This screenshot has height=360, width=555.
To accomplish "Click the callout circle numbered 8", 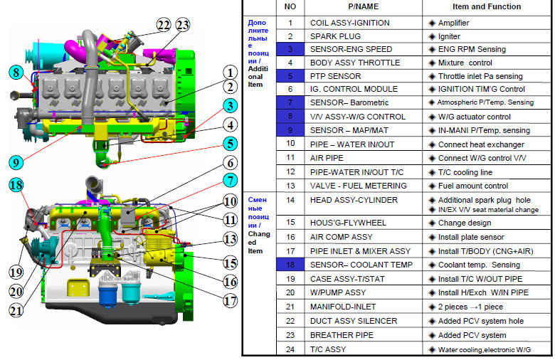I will pos(14,72).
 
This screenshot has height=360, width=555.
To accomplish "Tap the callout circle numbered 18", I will pos(15,185).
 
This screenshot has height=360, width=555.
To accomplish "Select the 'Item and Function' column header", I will pos(485,6).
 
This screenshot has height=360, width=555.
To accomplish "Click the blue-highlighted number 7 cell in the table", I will pos(290,102).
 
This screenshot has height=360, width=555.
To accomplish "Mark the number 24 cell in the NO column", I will pos(290,349).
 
